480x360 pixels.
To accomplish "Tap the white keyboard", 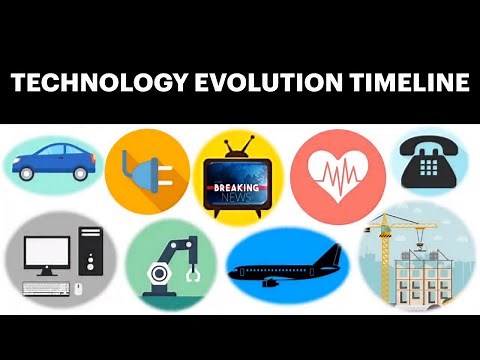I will (x=45, y=289).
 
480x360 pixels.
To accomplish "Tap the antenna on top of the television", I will (x=237, y=147).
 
